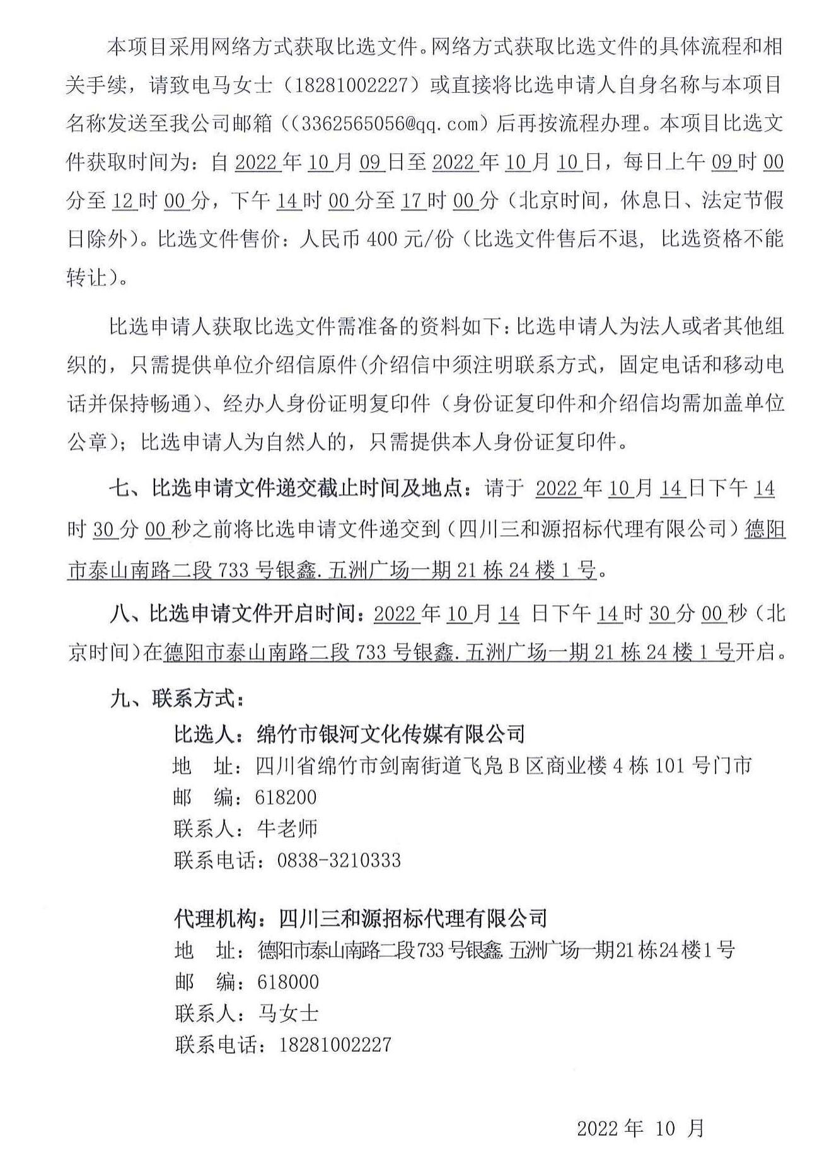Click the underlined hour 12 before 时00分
[x=124, y=201]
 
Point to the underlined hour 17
[x=411, y=201]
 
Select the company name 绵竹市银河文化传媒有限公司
[x=391, y=733]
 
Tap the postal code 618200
[x=286, y=797]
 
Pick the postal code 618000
[x=288, y=982]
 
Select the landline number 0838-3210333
[x=339, y=859]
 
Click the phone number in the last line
[x=335, y=1044]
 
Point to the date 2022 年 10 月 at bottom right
[x=640, y=1128]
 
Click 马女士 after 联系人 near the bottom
[x=288, y=1013]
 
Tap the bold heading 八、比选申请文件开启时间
[x=236, y=614]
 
